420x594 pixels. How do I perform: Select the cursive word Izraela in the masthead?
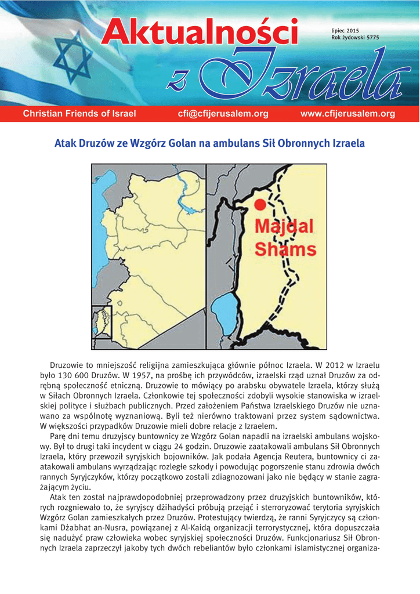pos(313,75)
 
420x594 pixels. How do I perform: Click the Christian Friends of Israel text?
pos(79,114)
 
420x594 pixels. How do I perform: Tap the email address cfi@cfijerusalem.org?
pos(223,114)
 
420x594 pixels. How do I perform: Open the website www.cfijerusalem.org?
pos(347,114)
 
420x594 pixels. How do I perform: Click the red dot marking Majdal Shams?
pos(260,204)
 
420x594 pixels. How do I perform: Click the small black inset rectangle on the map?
pos(102,322)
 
